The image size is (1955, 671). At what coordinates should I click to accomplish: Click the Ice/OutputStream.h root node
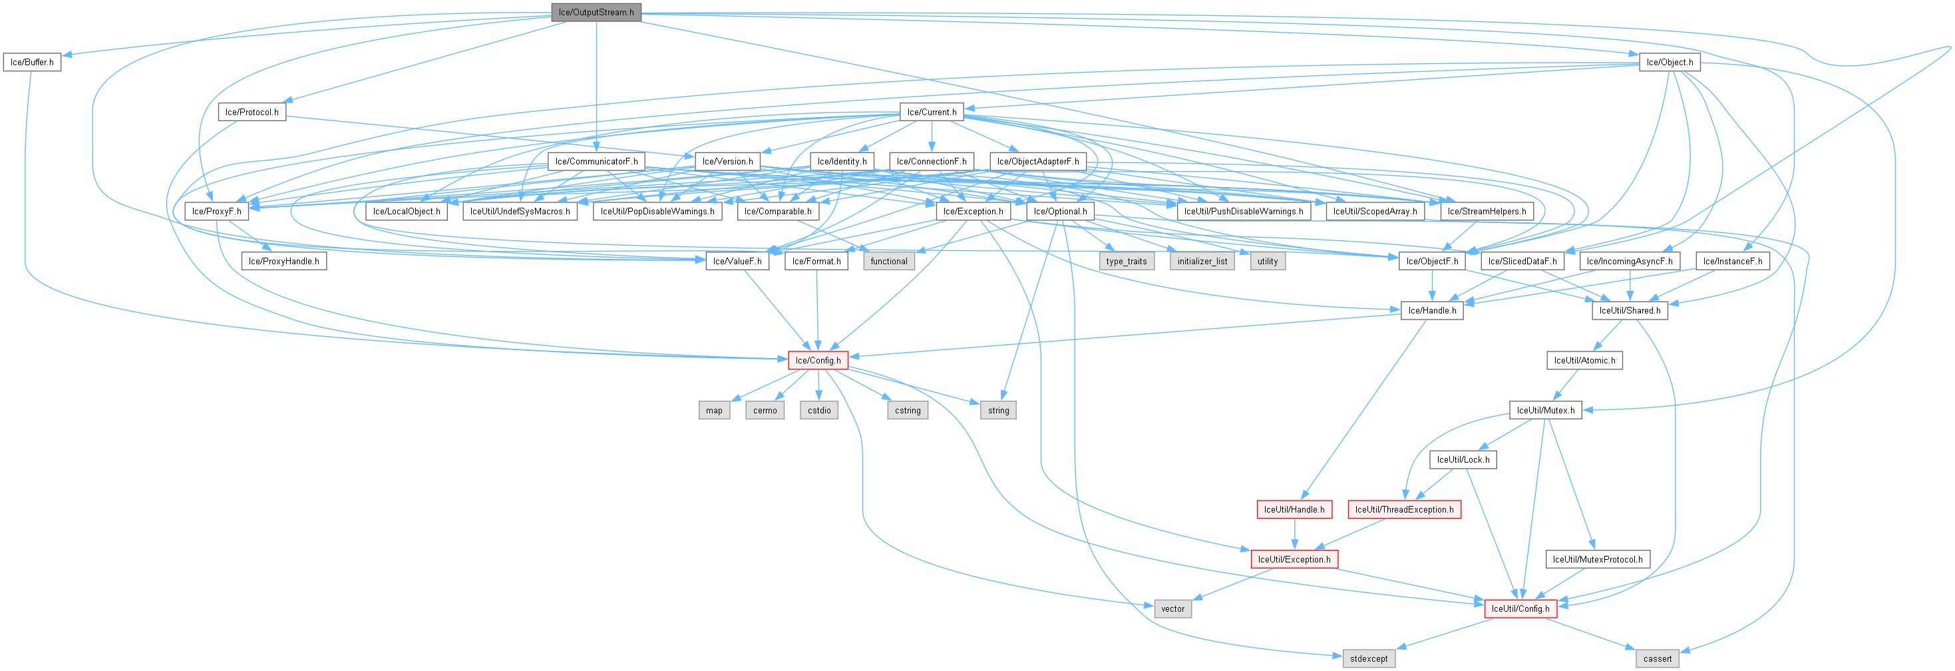[x=596, y=12]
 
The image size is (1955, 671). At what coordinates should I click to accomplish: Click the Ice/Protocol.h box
[x=252, y=112]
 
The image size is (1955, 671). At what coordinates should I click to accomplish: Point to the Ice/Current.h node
[x=932, y=112]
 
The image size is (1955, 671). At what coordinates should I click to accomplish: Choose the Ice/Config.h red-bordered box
[x=818, y=359]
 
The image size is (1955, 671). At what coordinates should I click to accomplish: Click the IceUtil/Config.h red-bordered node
[x=1520, y=608]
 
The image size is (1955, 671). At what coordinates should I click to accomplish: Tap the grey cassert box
[x=1658, y=658]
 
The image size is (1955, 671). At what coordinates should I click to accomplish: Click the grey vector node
[x=1172, y=608]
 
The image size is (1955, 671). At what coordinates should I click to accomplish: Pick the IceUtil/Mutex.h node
[x=1546, y=410]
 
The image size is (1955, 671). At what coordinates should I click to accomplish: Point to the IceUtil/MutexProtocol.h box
[x=1598, y=559]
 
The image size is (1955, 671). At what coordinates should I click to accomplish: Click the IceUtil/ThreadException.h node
[x=1404, y=509]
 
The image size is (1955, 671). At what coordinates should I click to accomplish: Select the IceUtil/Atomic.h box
[x=1584, y=359]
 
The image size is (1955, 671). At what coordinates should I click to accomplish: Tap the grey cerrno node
[x=765, y=410]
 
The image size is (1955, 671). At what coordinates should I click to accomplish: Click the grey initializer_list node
[x=1202, y=260]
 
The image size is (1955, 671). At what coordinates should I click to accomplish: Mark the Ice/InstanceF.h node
[x=1733, y=260]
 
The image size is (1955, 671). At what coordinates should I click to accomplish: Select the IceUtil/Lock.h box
[x=1463, y=459]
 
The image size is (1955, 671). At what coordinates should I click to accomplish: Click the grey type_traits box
[x=1127, y=260]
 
